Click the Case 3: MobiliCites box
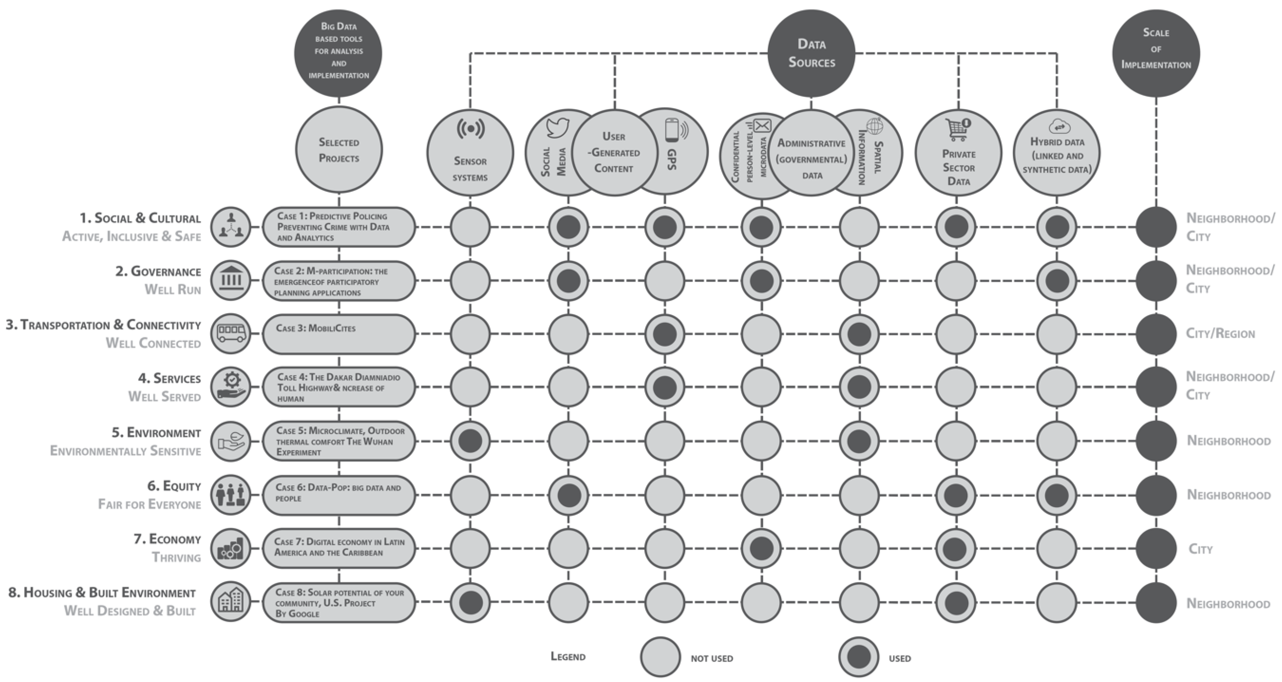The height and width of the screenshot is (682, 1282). pyautogui.click(x=339, y=334)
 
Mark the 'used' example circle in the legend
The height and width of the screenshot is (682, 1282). pyautogui.click(x=858, y=657)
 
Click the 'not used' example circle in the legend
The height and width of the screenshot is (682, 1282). pyautogui.click(x=660, y=657)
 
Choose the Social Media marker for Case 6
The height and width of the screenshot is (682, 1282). pyautogui.click(x=569, y=495)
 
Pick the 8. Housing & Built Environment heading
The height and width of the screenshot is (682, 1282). pyautogui.click(x=102, y=593)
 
